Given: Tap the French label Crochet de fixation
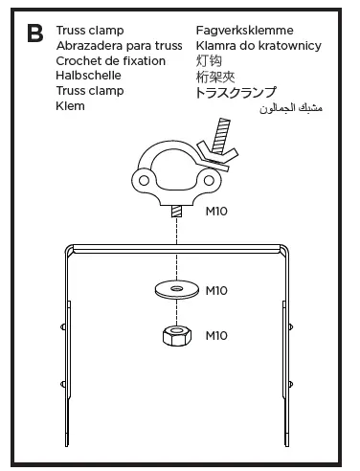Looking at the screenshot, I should (110, 61).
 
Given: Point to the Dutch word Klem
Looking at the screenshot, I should (71, 106).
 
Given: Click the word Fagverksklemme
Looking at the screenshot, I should (245, 31).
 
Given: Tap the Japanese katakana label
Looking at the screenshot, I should (250, 92).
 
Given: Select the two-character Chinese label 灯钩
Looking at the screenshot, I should (209, 61).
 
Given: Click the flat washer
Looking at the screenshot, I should (176, 287).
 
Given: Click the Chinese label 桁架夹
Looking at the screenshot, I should (215, 77).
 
